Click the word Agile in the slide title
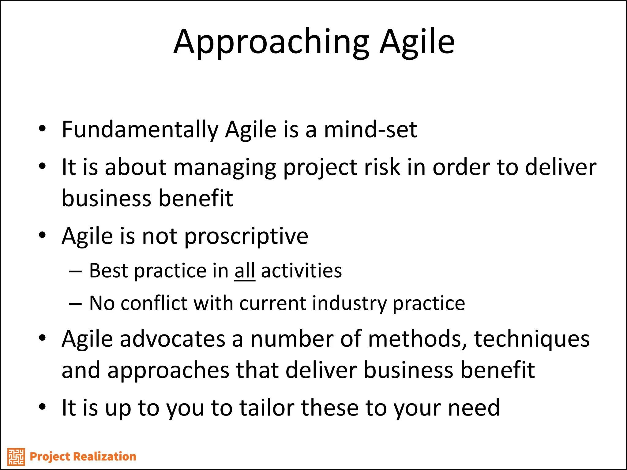(417, 42)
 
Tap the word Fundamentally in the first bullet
(140, 130)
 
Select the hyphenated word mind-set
(370, 129)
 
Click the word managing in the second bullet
(225, 168)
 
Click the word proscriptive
(246, 237)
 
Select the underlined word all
(245, 271)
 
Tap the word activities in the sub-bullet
(301, 271)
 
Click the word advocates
(173, 339)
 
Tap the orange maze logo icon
(16, 457)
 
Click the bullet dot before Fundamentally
(42, 129)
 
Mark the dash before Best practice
(75, 271)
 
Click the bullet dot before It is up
(42, 407)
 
